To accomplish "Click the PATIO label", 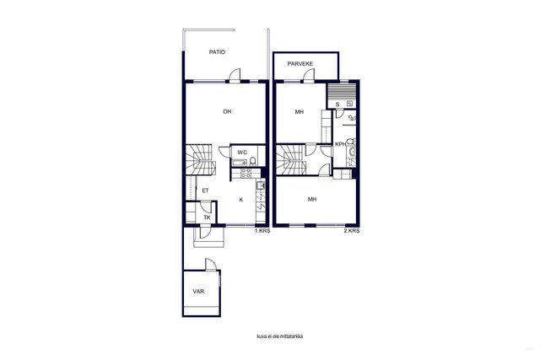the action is (217, 52).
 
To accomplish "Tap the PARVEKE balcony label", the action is (300, 64).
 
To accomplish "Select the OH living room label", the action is (227, 111).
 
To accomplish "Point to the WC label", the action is (242, 153).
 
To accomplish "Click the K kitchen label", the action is (241, 200).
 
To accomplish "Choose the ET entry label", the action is (205, 191).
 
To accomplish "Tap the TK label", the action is (207, 218).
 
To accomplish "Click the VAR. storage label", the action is (199, 292).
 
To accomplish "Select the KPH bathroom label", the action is (340, 144).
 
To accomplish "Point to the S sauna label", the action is (337, 105).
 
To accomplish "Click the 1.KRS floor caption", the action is (262, 231).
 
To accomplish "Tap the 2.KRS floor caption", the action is (352, 231).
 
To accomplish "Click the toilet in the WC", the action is (253, 161).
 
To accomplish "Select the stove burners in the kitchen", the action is (246, 173).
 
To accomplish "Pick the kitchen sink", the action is (261, 185).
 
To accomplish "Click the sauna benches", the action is (341, 92).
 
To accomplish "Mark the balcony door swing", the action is (310, 75).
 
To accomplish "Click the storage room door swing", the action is (210, 265).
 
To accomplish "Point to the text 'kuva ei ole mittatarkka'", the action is (280, 336).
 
